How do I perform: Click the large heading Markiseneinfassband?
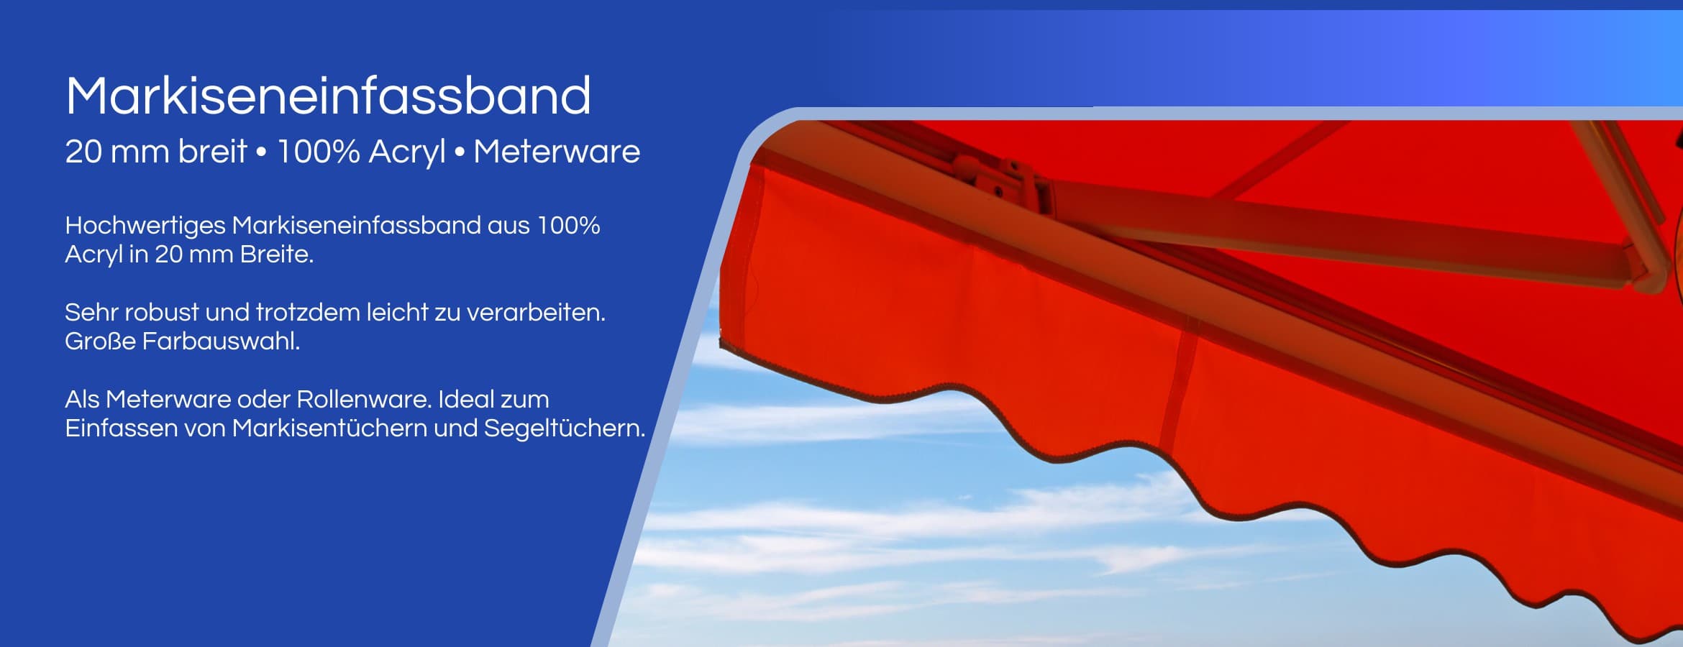coord(328,96)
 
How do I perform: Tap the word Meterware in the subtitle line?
coord(557,152)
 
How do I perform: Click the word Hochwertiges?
coord(145,226)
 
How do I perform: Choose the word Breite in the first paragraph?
coord(277,254)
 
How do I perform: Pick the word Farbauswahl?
coord(221,341)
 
